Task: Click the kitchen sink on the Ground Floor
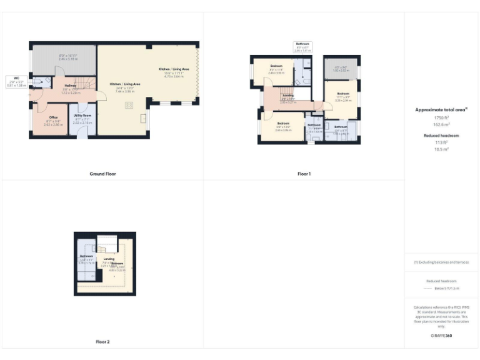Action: coord(143,117)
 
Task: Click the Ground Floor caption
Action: coord(102,174)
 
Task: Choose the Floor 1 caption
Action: coord(304,174)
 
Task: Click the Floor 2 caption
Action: coord(102,342)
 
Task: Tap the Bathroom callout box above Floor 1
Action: coord(302,46)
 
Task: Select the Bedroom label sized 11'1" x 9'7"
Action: coord(343,96)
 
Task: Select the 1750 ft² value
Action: coord(441,117)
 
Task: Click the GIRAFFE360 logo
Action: coord(441,336)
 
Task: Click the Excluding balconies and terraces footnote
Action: coord(441,262)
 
